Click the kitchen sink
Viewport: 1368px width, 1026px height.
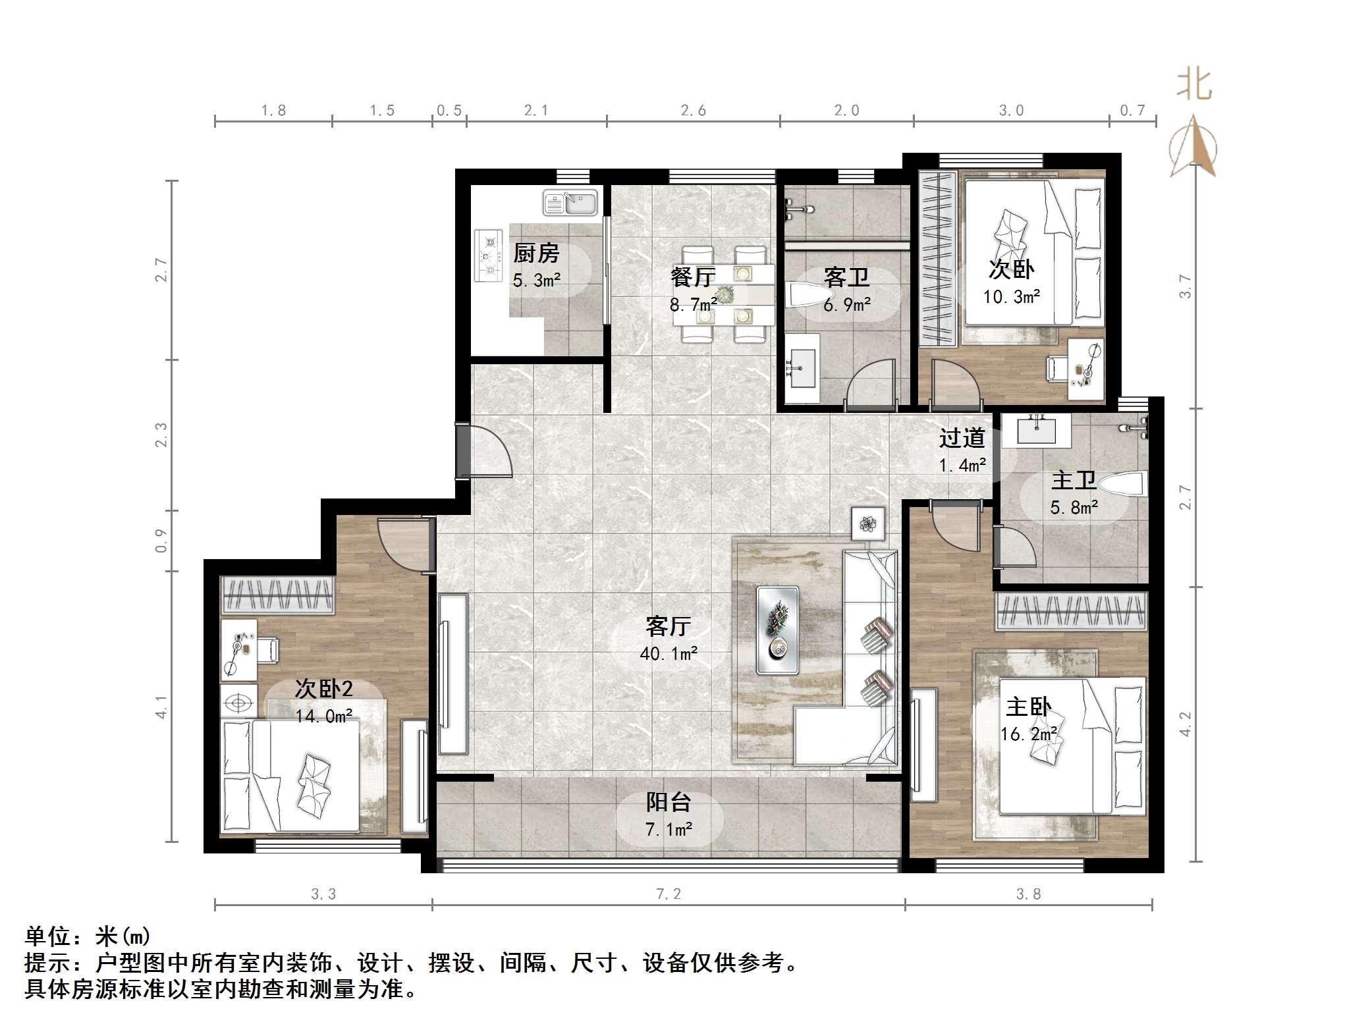click(570, 203)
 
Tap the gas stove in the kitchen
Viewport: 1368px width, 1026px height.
click(488, 255)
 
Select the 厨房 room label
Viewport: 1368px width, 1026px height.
click(536, 253)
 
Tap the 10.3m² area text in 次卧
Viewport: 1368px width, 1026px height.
click(1012, 297)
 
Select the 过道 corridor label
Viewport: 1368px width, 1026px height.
click(962, 438)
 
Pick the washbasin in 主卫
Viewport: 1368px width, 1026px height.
click(1037, 429)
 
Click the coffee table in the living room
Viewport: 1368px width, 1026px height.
click(777, 630)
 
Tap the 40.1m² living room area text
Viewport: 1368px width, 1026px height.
click(668, 654)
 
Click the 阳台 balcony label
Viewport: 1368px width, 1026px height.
click(668, 802)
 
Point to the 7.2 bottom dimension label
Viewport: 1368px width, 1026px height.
click(668, 894)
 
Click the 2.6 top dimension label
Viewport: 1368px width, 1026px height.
click(693, 111)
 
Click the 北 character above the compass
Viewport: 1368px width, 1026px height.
click(1194, 86)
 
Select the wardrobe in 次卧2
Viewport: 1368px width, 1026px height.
click(277, 595)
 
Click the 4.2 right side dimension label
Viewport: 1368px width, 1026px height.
click(1186, 724)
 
